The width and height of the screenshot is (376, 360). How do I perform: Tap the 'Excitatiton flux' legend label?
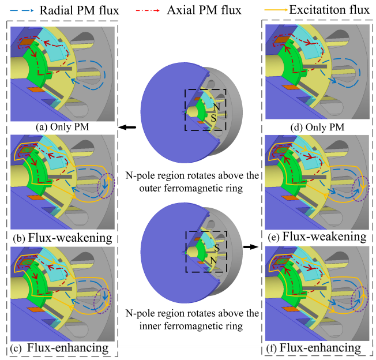pos(326,9)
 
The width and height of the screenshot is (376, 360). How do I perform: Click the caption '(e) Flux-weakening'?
pos(316,237)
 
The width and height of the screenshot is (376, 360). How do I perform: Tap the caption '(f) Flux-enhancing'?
pos(316,348)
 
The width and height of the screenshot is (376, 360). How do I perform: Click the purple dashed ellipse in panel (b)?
pos(107,187)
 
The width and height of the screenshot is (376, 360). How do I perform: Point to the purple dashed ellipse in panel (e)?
pos(362,187)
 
